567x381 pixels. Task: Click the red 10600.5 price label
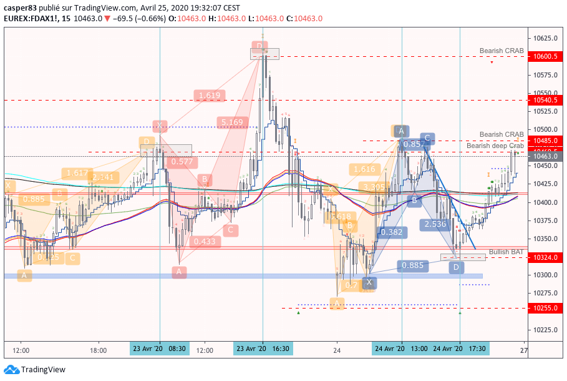(546, 56)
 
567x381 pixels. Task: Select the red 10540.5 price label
(546, 99)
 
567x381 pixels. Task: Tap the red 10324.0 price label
(546, 257)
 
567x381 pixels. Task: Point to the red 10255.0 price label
(546, 308)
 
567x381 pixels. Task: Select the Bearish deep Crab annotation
(495, 146)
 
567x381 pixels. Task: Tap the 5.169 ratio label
(231, 122)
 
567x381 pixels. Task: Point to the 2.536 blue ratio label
(435, 224)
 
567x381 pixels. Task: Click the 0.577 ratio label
(181, 162)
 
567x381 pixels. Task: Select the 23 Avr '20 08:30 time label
(159, 349)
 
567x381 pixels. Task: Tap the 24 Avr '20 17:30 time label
(460, 349)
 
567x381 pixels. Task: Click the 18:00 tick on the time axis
(98, 350)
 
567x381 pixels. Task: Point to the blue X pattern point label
(369, 282)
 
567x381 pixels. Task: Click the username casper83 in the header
(22, 7)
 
